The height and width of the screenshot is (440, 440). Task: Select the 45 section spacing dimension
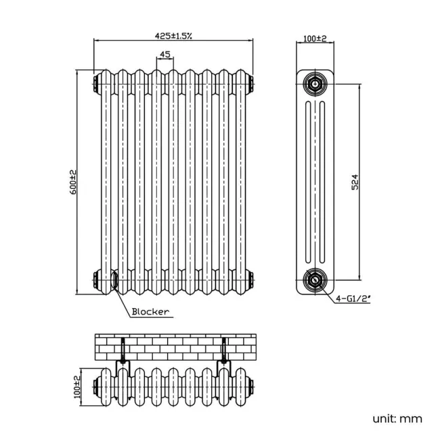tap(164, 54)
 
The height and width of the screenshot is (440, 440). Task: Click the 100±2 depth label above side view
tap(315, 39)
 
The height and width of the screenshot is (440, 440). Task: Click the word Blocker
tap(150, 312)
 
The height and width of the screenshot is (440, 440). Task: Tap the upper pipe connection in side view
tap(315, 85)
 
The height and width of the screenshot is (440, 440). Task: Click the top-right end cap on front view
tap(252, 85)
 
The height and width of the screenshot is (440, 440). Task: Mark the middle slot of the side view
tap(315, 181)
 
